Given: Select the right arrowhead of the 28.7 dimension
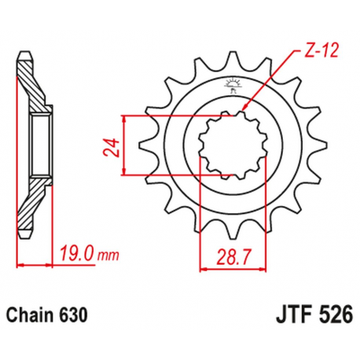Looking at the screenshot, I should tap(261, 269).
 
